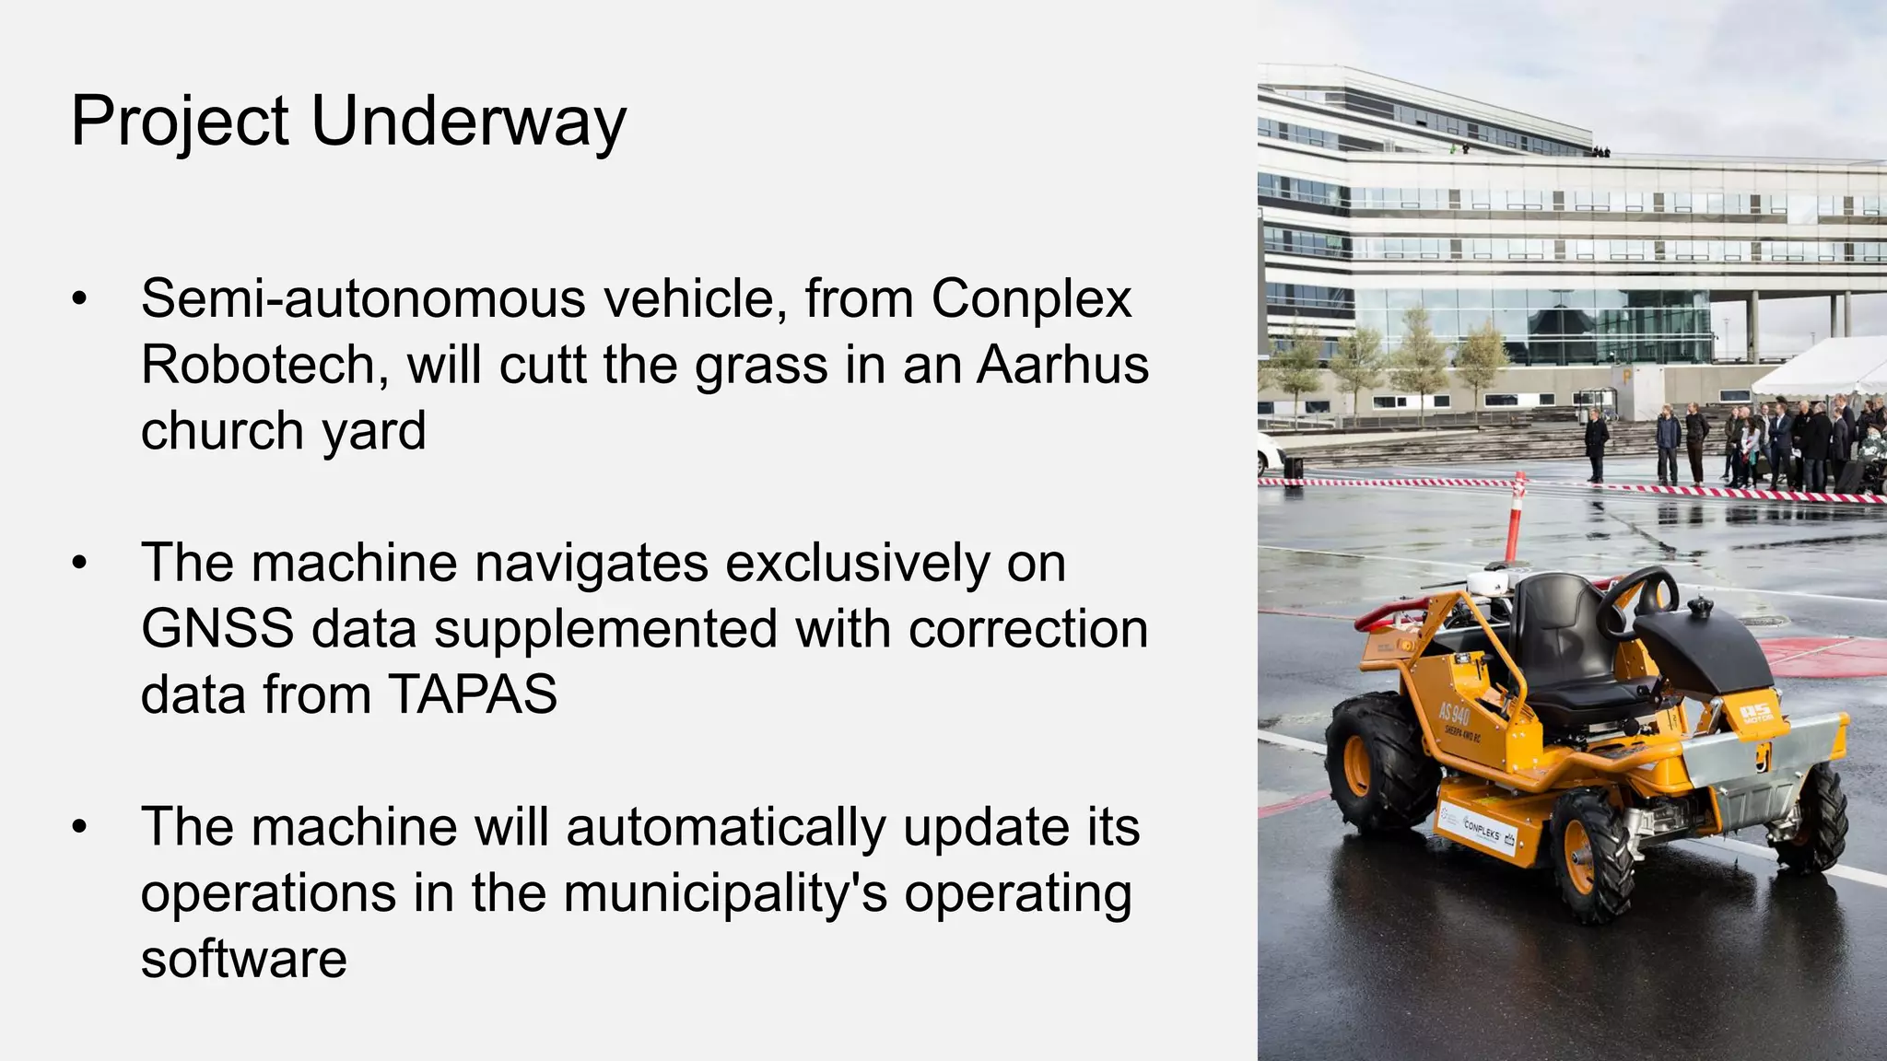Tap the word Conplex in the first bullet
[x=1031, y=299]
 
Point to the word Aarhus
[x=1062, y=365]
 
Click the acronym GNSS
[x=217, y=629]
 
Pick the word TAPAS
[x=473, y=694]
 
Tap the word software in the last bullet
[x=244, y=959]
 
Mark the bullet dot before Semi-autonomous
[x=80, y=299]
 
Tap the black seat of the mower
[x=1566, y=645]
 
